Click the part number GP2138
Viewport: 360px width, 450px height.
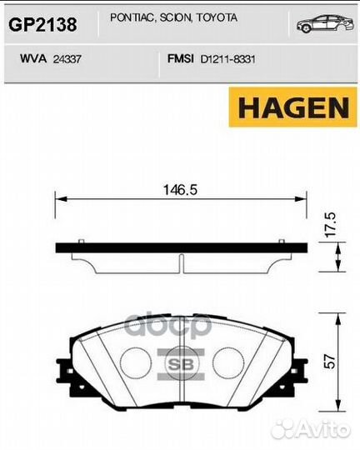click(x=42, y=25)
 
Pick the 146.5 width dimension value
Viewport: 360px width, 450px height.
click(x=178, y=190)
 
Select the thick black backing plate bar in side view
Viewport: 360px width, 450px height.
click(x=179, y=248)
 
